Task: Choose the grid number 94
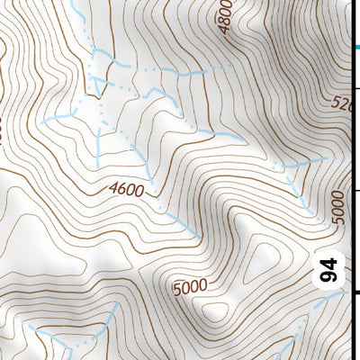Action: tap(330, 273)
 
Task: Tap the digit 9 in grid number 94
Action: tap(330, 279)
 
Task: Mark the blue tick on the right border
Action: tap(357, 48)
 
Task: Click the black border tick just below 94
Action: tap(357, 292)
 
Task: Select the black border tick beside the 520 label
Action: tap(357, 87)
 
